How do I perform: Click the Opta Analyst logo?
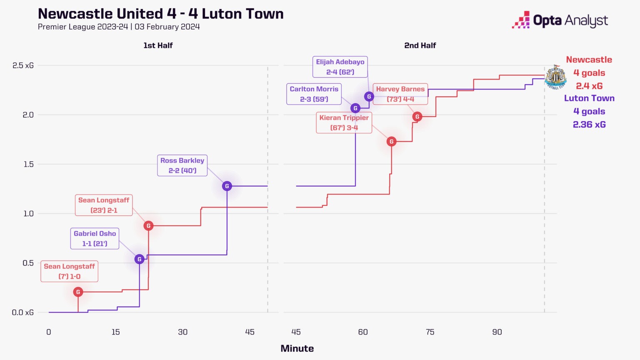click(x=560, y=20)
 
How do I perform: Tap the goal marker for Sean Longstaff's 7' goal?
click(x=78, y=292)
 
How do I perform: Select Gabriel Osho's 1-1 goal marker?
click(x=140, y=259)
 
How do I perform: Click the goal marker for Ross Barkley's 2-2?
click(x=227, y=186)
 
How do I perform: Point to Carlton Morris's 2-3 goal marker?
click(x=355, y=108)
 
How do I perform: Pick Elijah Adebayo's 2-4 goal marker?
click(x=369, y=97)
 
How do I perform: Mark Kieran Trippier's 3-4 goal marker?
click(x=391, y=142)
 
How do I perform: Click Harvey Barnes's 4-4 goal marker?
click(x=417, y=117)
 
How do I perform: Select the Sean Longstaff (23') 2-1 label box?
click(x=104, y=205)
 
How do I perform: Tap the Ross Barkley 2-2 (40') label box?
click(x=182, y=165)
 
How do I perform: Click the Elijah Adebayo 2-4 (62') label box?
click(x=340, y=67)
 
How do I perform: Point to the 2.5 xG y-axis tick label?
click(x=23, y=65)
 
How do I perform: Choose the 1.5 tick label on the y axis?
click(x=28, y=164)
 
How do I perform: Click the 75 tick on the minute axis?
click(x=430, y=332)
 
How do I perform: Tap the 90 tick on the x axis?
click(x=497, y=332)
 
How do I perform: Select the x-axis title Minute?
click(x=297, y=348)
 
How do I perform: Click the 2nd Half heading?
click(x=420, y=45)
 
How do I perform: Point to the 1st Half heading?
click(x=158, y=45)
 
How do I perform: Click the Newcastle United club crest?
click(x=555, y=77)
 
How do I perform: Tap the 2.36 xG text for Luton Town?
click(x=589, y=125)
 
